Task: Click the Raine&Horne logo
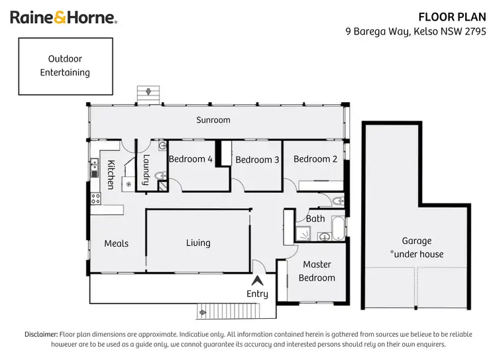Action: (64, 17)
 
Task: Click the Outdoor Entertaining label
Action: (65, 66)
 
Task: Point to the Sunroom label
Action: (213, 120)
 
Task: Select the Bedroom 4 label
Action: (191, 159)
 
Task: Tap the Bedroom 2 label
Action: (315, 159)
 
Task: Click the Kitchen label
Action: (111, 175)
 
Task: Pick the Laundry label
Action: (146, 169)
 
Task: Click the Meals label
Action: (116, 243)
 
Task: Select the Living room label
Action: (198, 243)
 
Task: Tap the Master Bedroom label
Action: (317, 271)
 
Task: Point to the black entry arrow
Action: (257, 282)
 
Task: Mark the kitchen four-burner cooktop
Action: (95, 197)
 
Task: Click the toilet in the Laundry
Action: (159, 176)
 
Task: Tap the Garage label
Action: (416, 247)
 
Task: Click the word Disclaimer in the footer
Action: (41, 335)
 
